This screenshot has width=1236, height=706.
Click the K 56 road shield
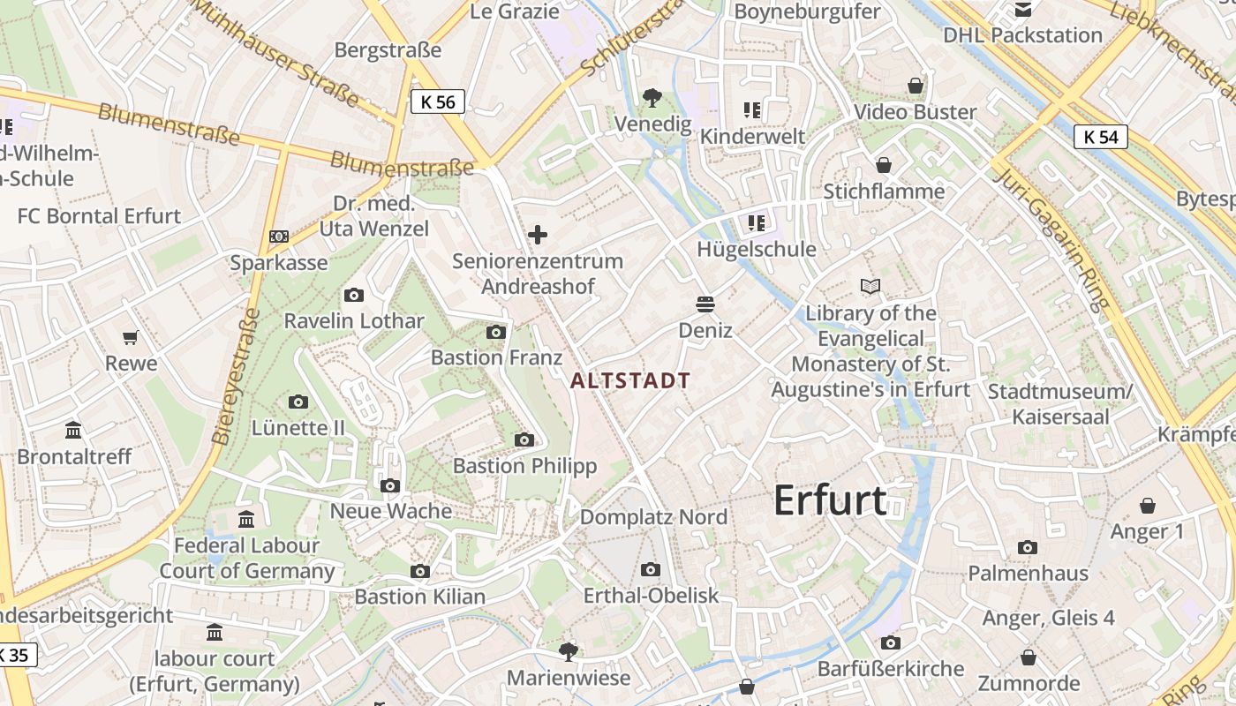438,101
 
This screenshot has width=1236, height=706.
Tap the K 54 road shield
1101,137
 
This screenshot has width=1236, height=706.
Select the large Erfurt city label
830,500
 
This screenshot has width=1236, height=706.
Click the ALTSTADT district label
630,381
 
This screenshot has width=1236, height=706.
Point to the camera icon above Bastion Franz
496,332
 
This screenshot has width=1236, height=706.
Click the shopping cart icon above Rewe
131,337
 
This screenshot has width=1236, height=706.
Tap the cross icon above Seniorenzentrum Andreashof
537,235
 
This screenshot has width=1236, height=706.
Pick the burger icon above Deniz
705,304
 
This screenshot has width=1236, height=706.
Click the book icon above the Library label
870,287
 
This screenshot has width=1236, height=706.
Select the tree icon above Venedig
652,97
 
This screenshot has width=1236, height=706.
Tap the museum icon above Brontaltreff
73,431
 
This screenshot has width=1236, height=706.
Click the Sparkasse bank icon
278,237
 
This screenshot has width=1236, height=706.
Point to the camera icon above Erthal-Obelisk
651,570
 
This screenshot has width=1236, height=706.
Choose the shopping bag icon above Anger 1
1147,506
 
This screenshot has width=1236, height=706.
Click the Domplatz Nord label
653,517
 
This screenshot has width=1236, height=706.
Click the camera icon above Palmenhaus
1027,547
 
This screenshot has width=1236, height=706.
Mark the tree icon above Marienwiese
569,652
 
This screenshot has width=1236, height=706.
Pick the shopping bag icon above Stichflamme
883,165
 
